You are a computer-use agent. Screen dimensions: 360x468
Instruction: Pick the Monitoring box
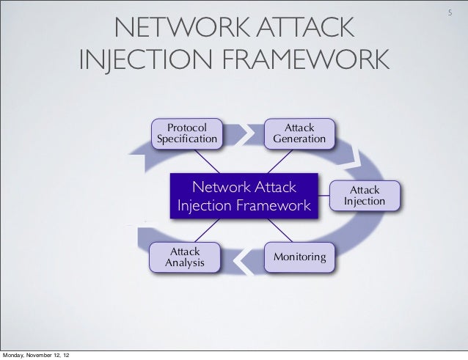301,257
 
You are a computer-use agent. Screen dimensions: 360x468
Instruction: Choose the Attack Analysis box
185,257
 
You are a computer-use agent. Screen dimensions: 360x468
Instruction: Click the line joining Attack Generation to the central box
277,159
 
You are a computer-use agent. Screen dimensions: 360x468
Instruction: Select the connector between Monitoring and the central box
277,232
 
